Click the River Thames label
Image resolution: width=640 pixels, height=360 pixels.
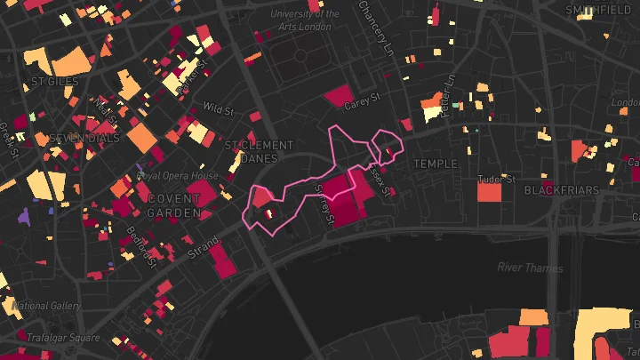(x=530, y=268)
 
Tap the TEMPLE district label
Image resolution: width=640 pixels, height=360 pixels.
(x=436, y=164)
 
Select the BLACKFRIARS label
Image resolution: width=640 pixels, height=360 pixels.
(x=561, y=190)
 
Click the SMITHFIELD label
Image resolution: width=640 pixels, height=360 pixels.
(x=598, y=10)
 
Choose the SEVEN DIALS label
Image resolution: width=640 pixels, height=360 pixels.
(x=84, y=139)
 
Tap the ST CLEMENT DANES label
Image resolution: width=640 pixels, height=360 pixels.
(x=259, y=151)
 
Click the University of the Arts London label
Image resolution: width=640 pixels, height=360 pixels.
(x=305, y=20)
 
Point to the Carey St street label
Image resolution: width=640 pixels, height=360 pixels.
(x=362, y=101)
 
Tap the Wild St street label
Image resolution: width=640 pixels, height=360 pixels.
(x=217, y=108)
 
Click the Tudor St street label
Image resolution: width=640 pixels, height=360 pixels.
(x=496, y=179)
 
